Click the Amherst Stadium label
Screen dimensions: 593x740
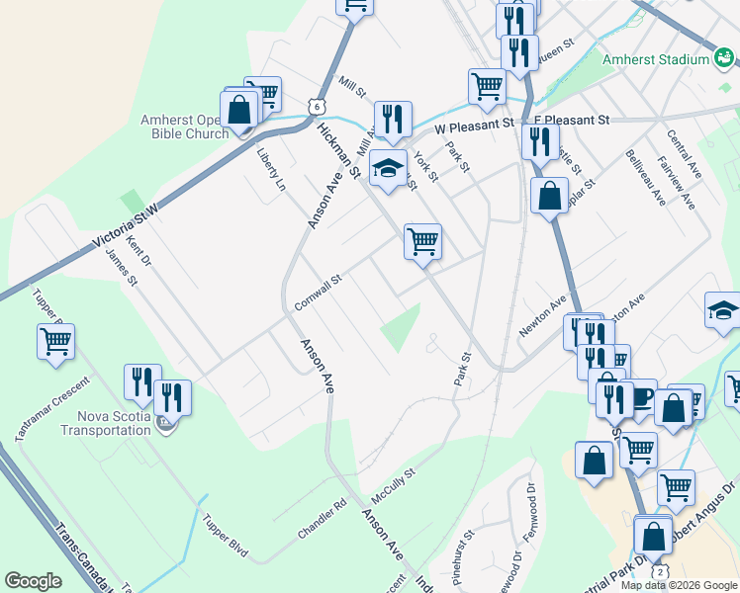coord(657,59)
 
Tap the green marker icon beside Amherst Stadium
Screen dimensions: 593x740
coord(724,59)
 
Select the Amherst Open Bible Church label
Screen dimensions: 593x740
coord(184,127)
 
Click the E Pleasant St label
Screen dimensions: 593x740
coord(571,120)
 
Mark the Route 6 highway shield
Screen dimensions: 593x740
coord(314,104)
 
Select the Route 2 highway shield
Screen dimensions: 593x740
coord(661,573)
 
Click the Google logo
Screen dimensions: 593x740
coord(33,581)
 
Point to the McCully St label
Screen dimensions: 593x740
coord(393,483)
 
